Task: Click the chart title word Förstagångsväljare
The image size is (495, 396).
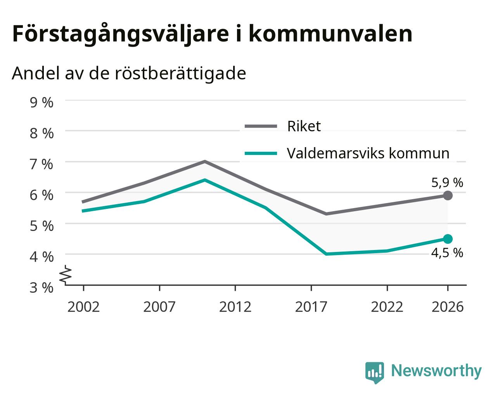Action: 120,34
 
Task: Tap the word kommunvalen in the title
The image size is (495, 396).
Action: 330,33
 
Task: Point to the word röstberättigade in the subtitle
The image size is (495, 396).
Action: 180,74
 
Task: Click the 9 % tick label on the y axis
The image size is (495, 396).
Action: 42,102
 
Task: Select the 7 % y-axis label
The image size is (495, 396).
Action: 42,164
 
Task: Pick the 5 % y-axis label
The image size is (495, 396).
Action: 42,226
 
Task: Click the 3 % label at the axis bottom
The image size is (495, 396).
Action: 42,288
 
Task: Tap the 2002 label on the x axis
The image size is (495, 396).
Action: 83,307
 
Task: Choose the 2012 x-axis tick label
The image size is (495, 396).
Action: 235,307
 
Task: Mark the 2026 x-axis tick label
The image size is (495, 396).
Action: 448,307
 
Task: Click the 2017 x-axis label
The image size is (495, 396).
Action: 311,307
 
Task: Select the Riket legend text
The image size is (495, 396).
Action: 304,126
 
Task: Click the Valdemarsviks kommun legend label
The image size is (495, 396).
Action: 368,153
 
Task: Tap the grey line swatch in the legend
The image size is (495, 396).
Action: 261,126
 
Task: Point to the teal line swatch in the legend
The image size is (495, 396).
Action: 261,153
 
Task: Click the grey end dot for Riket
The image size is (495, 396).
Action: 448,196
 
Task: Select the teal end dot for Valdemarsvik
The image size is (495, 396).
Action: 448,239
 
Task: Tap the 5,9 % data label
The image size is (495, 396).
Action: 447,183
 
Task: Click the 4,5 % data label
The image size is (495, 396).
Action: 447,253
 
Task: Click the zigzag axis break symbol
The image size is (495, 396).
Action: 66,274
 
